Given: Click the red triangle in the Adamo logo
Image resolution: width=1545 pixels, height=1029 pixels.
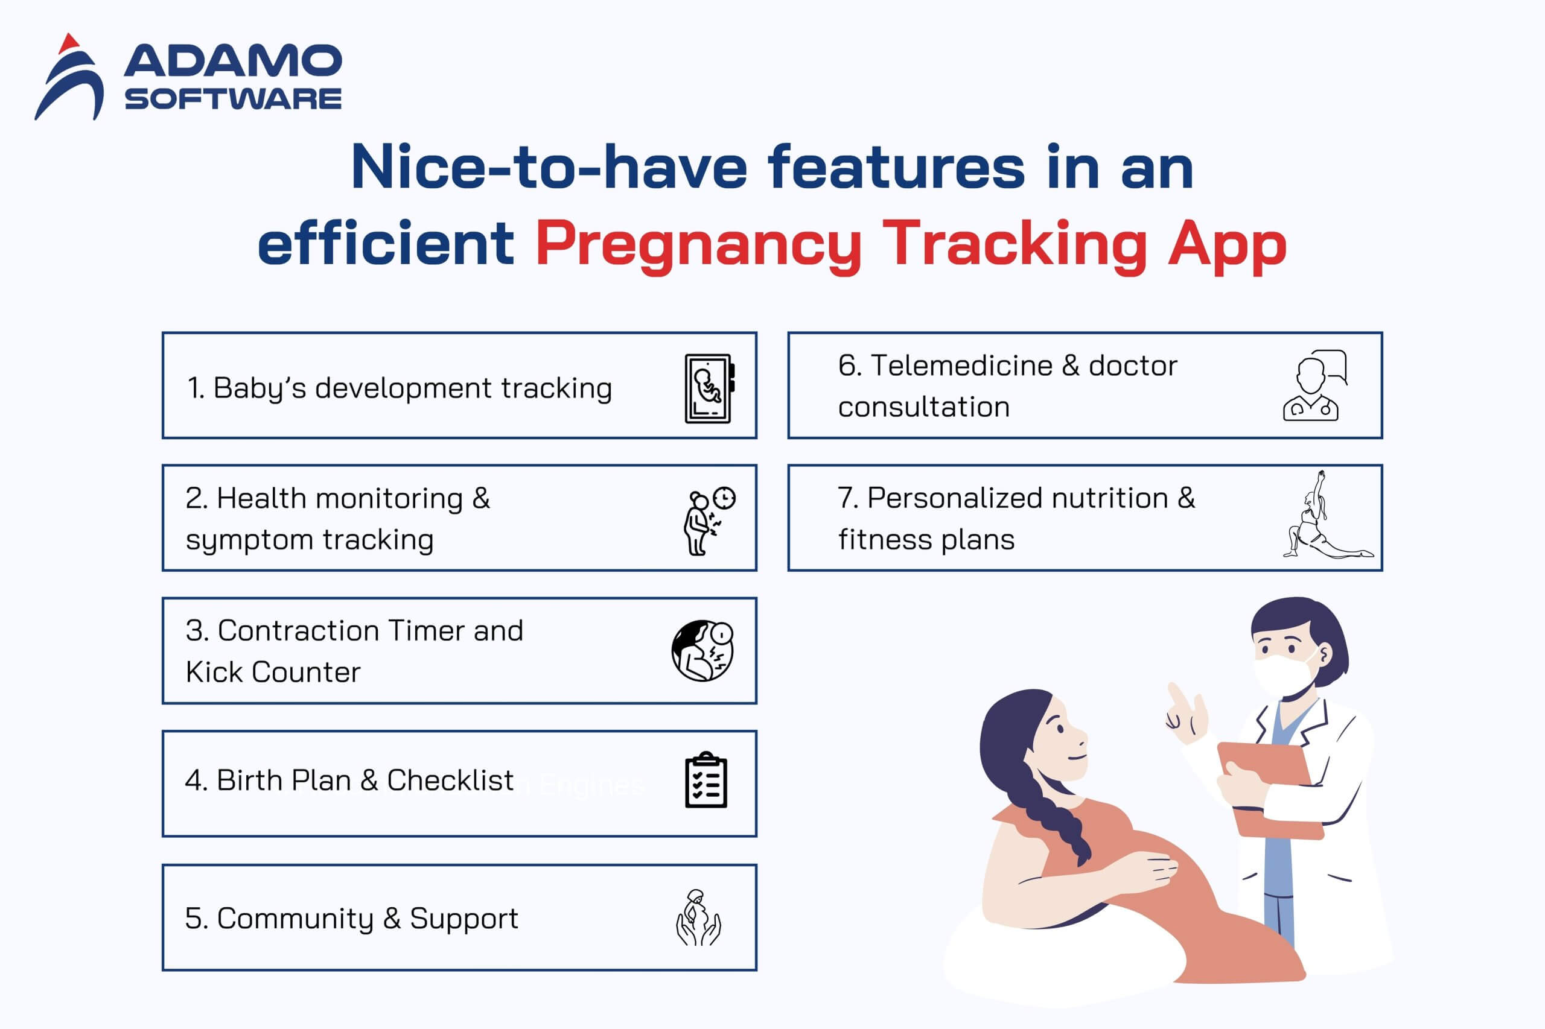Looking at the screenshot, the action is pyautogui.click(x=68, y=45).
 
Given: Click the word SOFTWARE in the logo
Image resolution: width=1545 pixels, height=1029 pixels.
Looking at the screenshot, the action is pyautogui.click(x=233, y=98).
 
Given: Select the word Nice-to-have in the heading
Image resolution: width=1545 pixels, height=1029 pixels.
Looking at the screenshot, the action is pyautogui.click(x=549, y=166).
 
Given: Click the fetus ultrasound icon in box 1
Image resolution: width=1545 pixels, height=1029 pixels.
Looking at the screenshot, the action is pyautogui.click(x=709, y=388).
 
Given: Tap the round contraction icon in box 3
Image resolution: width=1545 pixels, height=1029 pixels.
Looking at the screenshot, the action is pyautogui.click(x=702, y=650).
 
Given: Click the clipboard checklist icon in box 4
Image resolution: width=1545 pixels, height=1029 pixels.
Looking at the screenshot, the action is pyautogui.click(x=706, y=780).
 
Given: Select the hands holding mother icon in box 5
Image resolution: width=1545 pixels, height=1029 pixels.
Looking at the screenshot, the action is pyautogui.click(x=698, y=917).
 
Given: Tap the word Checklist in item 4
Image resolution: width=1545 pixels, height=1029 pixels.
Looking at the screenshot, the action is pyautogui.click(x=450, y=780).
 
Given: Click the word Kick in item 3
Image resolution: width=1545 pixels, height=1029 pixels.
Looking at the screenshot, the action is pyautogui.click(x=214, y=672).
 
